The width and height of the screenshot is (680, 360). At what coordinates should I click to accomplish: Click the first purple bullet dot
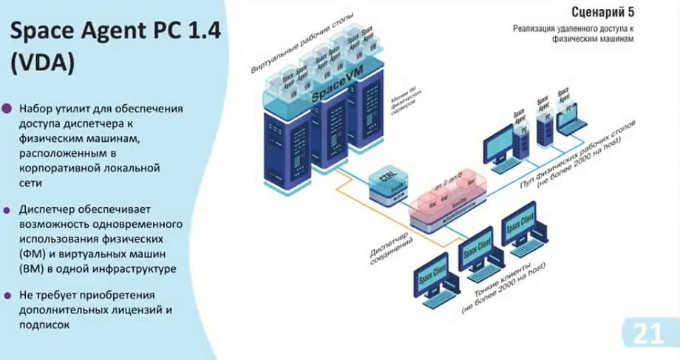[x=8, y=109]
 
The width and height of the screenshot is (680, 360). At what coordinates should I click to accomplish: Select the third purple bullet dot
[x=8, y=295]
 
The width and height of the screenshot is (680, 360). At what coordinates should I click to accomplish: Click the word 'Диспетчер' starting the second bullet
[x=48, y=209]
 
